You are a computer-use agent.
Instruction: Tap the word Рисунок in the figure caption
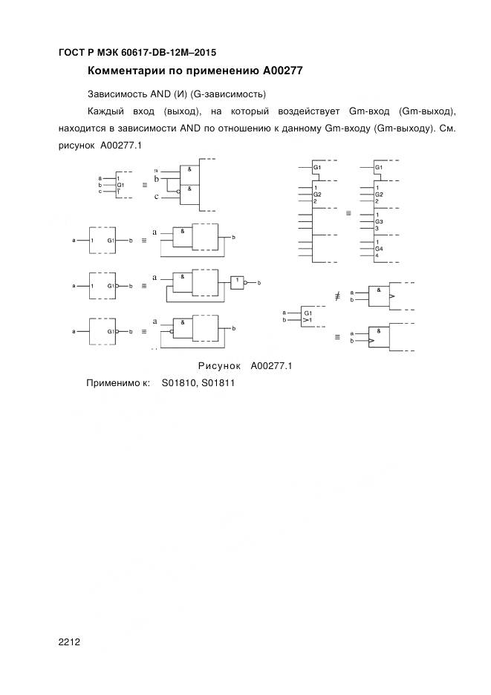click(220, 365)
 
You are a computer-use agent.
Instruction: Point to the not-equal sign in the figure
click(336, 296)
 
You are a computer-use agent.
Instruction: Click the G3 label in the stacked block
click(379, 221)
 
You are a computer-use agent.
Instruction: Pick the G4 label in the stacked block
click(379, 249)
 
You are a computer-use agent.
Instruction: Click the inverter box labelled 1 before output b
click(237, 282)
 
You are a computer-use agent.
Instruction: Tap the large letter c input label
click(157, 197)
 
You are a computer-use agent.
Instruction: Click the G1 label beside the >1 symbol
click(307, 314)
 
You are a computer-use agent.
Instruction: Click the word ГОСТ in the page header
click(71, 53)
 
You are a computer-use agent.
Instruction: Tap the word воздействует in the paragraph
click(310, 111)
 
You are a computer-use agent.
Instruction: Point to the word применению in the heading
click(219, 71)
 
